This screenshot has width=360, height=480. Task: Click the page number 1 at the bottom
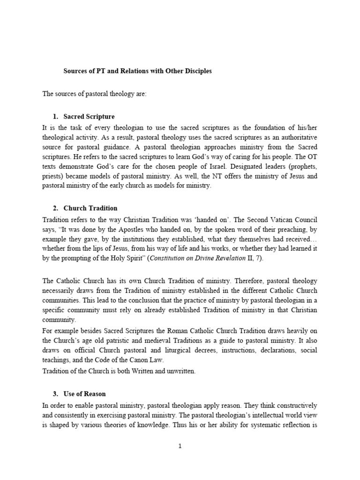[x=180, y=446]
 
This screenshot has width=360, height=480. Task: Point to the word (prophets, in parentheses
[x=303, y=165]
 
